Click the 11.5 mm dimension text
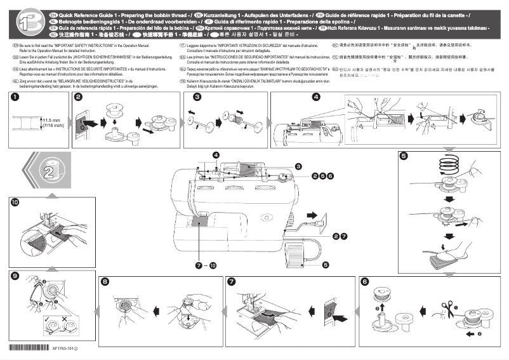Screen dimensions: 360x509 tap(52, 119)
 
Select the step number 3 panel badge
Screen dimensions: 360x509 tap(197, 97)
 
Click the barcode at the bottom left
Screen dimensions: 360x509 tap(29, 348)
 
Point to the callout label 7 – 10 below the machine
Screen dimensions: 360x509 tap(206, 263)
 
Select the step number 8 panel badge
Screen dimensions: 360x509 tap(105, 281)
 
